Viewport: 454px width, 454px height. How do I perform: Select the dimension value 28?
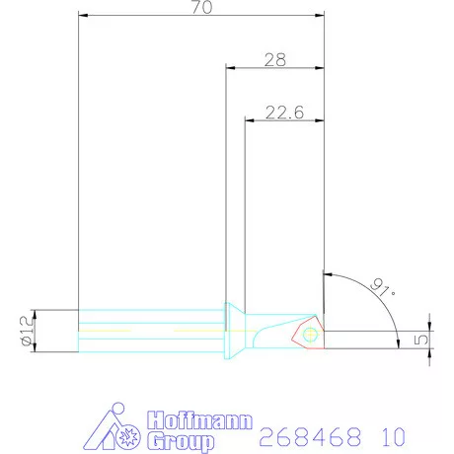tap(275, 60)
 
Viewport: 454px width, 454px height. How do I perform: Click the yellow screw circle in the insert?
tap(312, 335)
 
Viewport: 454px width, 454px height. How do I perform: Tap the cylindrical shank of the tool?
tap(148, 330)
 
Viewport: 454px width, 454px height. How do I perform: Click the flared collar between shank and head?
tap(235, 330)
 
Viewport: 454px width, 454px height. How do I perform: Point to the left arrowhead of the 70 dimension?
tap(83, 15)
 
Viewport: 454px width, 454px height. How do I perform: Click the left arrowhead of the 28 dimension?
tap(231, 68)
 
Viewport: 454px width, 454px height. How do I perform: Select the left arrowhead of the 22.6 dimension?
tap(250, 121)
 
